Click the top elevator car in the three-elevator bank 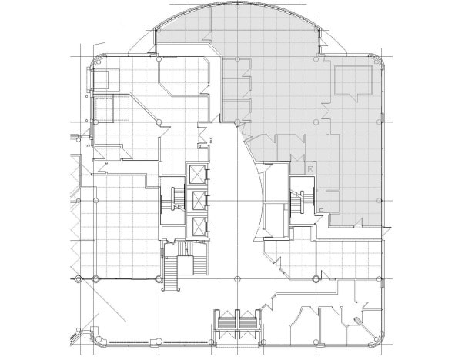click(197, 173)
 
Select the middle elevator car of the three click(197, 200)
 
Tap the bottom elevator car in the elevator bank click(197, 226)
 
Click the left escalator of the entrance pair click(227, 323)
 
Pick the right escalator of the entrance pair click(248, 323)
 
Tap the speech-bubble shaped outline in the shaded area click(352, 80)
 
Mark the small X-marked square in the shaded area click(310, 167)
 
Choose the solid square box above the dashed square click(101, 81)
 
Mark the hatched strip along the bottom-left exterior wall click(146, 342)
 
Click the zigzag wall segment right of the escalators click(266, 307)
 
